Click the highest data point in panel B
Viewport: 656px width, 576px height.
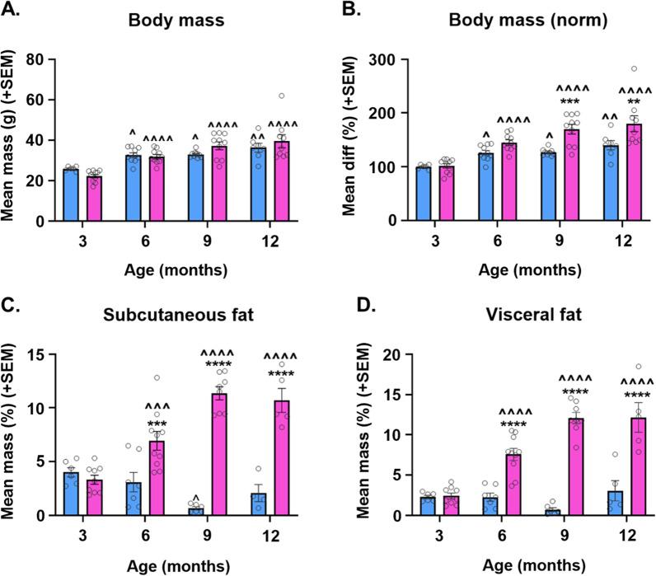[611, 69]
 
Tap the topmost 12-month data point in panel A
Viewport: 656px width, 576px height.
[282, 96]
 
